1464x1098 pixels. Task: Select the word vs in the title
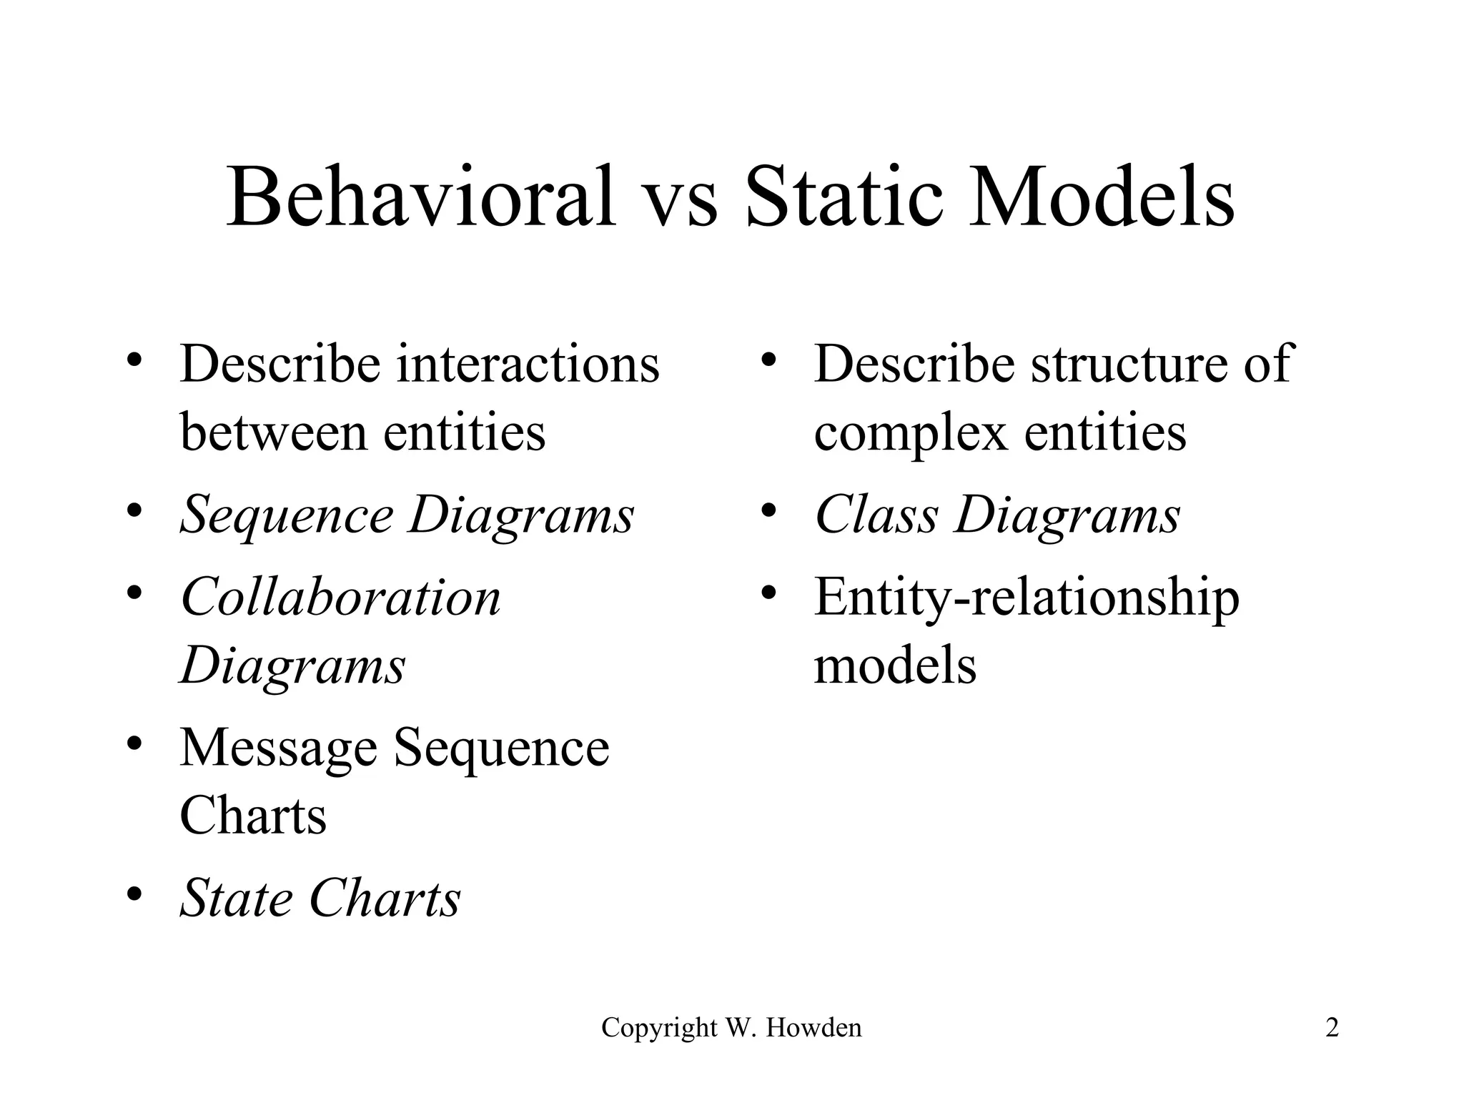[680, 200]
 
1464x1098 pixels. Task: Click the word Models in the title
[1102, 196]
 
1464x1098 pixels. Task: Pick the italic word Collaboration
[340, 597]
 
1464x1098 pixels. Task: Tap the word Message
[278, 749]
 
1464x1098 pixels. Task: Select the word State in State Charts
[236, 899]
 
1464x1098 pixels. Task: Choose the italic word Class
[876, 515]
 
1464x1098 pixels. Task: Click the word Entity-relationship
[1027, 598]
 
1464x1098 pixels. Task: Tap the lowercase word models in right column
[895, 666]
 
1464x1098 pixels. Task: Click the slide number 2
[1332, 1028]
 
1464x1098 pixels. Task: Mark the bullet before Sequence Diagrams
[133, 511]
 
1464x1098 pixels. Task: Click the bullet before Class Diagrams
[768, 511]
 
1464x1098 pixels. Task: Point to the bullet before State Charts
[133, 894]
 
